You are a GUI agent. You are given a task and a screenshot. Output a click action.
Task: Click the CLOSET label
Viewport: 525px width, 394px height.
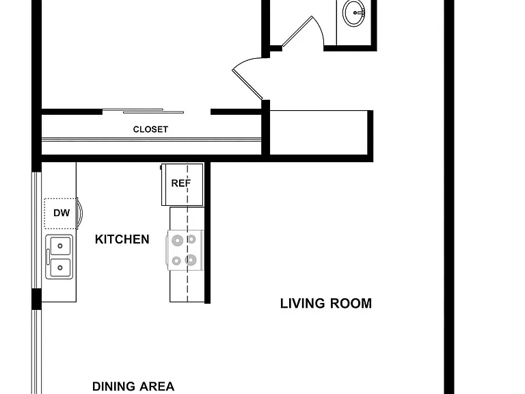[150, 129]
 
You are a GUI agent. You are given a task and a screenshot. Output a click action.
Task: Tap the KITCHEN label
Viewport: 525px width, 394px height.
[122, 239]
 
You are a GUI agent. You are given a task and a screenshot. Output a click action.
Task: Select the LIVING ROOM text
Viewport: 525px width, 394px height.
[326, 303]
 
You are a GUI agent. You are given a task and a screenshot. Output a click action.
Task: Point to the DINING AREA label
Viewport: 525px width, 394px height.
[133, 386]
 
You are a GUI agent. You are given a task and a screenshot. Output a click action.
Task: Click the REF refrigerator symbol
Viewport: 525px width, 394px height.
[182, 185]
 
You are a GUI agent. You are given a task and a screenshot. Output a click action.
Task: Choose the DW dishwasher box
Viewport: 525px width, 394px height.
[61, 213]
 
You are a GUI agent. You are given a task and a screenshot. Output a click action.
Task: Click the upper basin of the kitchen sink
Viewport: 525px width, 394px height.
[60, 246]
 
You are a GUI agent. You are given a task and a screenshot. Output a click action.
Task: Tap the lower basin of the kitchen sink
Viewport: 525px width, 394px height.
[60, 267]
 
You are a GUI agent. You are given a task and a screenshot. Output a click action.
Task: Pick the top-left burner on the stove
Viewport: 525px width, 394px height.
[177, 240]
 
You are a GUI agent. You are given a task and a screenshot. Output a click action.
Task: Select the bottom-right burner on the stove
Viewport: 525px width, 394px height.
[191, 260]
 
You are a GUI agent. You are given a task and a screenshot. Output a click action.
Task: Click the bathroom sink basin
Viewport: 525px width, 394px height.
[353, 13]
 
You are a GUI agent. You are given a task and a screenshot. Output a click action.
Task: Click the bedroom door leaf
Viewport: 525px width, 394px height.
[247, 84]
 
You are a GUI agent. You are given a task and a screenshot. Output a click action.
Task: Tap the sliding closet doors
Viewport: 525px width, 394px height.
[143, 111]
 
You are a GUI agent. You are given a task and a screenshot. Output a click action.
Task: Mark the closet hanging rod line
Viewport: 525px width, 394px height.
[151, 140]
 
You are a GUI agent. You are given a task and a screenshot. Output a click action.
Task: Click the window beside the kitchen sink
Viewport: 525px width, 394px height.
[36, 230]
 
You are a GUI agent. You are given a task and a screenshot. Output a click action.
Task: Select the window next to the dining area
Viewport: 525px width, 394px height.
[36, 352]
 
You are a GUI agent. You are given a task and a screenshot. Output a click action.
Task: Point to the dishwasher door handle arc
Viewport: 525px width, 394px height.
[81, 213]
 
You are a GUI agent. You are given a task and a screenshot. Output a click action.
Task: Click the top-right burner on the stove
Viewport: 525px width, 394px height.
[191, 239]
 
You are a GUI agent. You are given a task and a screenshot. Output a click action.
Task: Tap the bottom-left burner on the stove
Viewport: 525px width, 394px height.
[176, 261]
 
